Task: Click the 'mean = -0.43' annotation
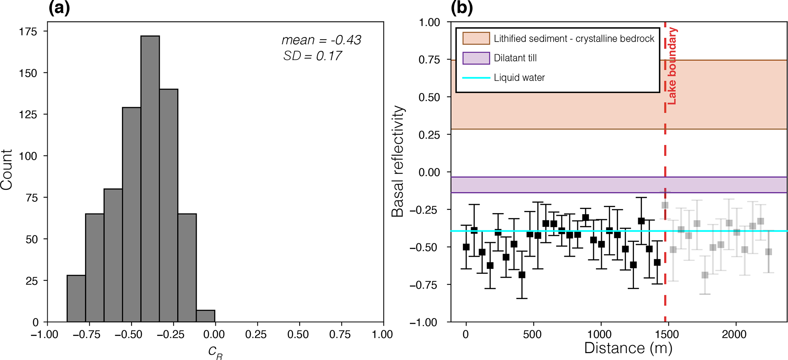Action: [x=321, y=40]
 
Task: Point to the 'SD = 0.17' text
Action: [x=313, y=56]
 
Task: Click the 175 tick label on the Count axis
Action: [x=28, y=32]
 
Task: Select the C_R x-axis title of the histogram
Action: [x=215, y=352]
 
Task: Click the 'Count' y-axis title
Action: [x=7, y=169]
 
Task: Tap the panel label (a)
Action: [x=59, y=8]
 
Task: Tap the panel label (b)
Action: [x=462, y=8]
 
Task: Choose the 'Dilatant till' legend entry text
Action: [x=515, y=58]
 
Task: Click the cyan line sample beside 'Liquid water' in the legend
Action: [x=476, y=78]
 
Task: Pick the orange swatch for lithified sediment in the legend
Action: [x=476, y=39]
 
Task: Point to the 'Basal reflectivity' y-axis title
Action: [x=398, y=161]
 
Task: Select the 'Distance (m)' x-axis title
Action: [x=628, y=348]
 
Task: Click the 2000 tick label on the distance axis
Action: [x=734, y=335]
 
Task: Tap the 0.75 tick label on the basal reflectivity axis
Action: [x=429, y=60]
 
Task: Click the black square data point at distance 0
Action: [x=466, y=247]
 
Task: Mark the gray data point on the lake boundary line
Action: [x=665, y=205]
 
